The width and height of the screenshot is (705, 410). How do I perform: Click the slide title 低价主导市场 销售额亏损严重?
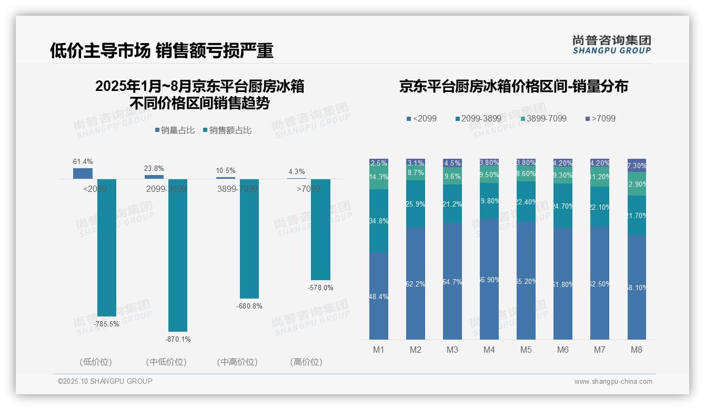coord(162,50)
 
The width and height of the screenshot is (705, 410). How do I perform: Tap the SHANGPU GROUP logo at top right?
coord(611,45)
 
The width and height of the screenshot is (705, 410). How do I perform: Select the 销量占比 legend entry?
coord(175,130)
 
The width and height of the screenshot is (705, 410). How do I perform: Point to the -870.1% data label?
coord(178,340)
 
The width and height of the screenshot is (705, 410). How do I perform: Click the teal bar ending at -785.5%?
coord(106,247)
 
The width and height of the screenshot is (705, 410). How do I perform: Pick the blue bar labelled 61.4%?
coord(83,173)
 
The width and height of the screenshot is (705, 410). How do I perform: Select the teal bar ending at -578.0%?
coord(320,229)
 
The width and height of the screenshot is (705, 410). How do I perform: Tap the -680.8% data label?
coord(249,306)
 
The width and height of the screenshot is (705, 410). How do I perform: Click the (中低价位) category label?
coord(166,362)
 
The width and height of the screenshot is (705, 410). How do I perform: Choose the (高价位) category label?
coord(306,362)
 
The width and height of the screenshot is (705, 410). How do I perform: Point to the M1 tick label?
coord(379,350)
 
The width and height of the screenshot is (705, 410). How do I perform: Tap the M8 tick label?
coord(637,350)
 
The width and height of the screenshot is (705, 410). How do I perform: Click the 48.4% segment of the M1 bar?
coord(379,296)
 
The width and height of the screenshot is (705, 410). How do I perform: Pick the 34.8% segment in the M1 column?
coord(379,221)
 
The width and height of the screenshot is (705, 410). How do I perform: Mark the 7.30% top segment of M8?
coord(637,165)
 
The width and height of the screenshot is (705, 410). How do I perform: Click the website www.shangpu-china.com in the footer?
coord(613,382)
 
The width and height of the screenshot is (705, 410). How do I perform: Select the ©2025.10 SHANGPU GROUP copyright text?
coord(105,382)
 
